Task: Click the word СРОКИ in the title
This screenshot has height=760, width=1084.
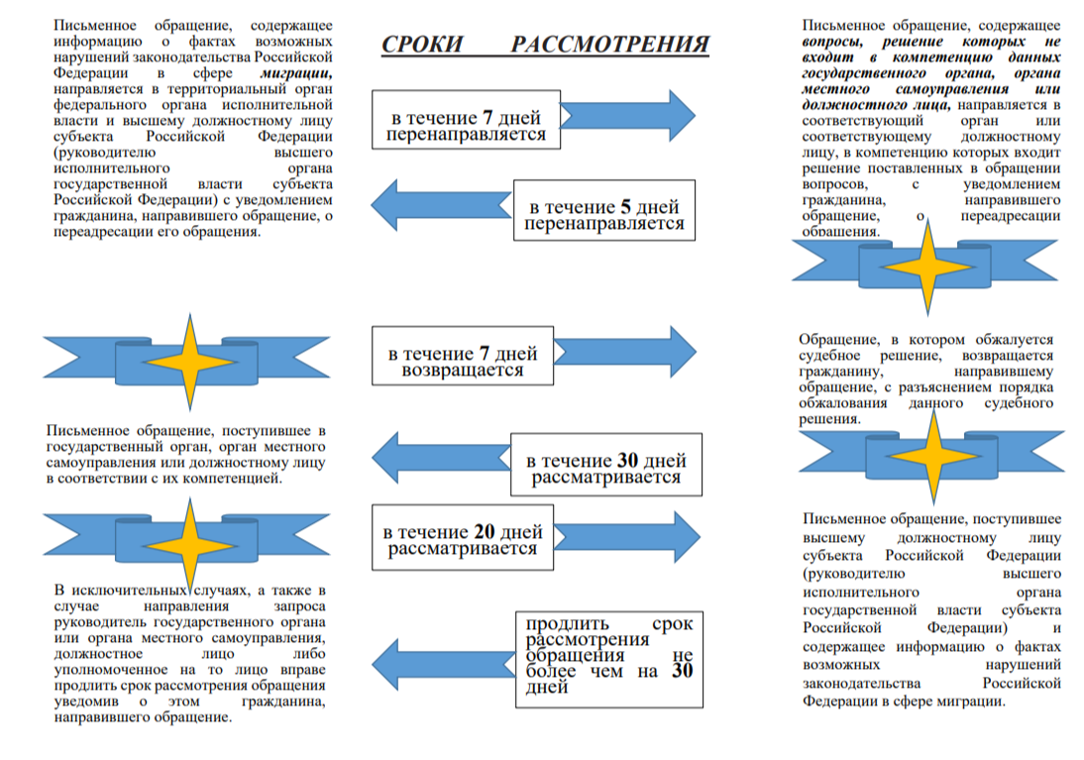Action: (x=422, y=45)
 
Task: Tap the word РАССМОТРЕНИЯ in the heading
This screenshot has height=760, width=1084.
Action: (x=610, y=45)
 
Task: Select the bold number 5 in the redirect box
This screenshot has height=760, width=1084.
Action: (x=625, y=207)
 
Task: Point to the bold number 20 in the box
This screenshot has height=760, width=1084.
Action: (x=484, y=531)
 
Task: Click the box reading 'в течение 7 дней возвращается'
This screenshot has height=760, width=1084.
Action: (x=463, y=356)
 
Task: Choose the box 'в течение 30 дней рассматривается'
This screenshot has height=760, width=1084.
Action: (x=606, y=464)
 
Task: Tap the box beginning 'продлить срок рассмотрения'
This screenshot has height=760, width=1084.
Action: (x=609, y=659)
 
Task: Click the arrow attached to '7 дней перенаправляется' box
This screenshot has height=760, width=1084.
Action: (x=628, y=116)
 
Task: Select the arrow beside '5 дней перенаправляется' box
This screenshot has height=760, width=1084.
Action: (x=441, y=205)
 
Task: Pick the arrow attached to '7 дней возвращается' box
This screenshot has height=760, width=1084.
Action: (x=625, y=352)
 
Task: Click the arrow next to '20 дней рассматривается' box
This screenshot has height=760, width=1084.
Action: (x=627, y=537)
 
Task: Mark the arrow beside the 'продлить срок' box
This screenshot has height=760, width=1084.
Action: (x=443, y=665)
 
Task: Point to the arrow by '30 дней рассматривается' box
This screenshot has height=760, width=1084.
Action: (x=441, y=457)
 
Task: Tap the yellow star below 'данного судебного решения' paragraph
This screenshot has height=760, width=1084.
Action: (x=933, y=456)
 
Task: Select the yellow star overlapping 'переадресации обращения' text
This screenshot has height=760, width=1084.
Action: (x=927, y=267)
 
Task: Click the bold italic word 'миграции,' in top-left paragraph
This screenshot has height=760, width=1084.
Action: (x=296, y=72)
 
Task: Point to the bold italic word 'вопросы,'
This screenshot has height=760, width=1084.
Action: (x=832, y=42)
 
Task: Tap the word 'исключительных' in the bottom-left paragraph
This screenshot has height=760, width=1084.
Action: (x=129, y=591)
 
